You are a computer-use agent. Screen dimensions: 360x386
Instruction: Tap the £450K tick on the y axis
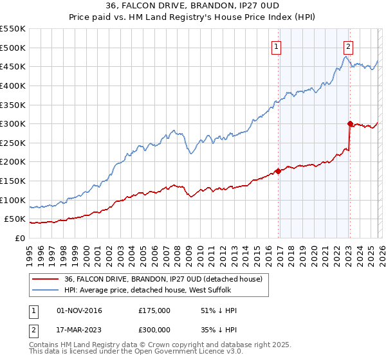(13, 66)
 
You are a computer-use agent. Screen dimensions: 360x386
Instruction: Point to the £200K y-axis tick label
(13, 161)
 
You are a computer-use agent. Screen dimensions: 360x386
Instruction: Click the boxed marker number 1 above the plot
(276, 46)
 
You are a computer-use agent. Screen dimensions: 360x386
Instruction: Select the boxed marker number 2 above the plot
(348, 46)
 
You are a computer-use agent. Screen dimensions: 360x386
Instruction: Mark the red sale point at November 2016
(279, 171)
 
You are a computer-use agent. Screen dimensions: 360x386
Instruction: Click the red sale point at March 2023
(350, 123)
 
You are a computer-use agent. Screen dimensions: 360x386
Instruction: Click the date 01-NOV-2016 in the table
(80, 310)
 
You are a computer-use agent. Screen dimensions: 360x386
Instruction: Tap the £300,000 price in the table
(154, 330)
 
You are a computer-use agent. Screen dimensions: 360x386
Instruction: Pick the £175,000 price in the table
(154, 310)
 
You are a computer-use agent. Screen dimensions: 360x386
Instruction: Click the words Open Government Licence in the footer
(176, 353)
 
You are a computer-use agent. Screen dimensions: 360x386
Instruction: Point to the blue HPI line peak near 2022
(345, 57)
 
